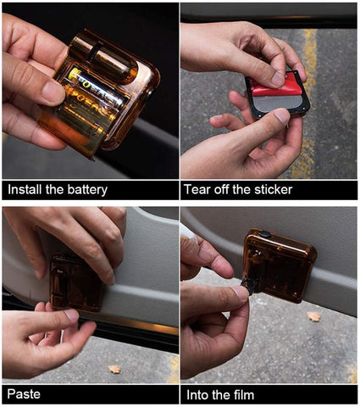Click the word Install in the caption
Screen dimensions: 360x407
coord(25,189)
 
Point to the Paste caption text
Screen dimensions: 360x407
coord(24,393)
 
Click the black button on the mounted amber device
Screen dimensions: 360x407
coord(264,234)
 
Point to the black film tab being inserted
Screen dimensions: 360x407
coord(249,285)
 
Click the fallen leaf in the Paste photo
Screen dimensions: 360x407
coord(114,369)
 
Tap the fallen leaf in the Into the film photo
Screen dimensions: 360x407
coord(314,316)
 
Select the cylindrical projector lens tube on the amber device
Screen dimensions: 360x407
coord(103,61)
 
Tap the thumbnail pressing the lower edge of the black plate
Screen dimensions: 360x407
coord(282,116)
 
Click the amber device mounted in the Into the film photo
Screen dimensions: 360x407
coord(280,265)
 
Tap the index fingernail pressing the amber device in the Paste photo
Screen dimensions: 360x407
coord(111,280)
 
